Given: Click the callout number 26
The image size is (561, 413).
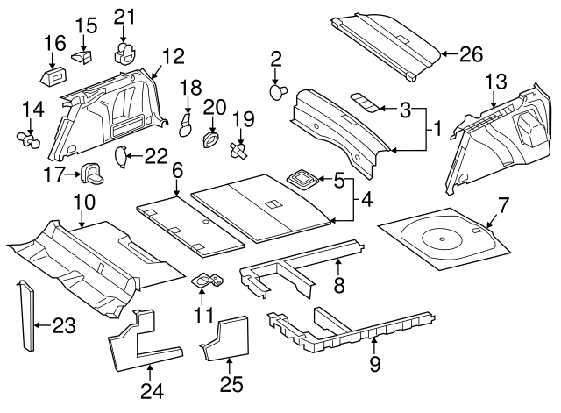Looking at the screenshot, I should click(x=472, y=54).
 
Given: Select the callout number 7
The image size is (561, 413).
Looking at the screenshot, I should click(x=502, y=207).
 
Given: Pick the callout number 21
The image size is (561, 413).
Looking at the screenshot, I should click(x=125, y=16).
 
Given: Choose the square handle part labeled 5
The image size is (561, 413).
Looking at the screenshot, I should click(x=302, y=179).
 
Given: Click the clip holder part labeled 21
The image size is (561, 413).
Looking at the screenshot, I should click(x=125, y=51).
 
